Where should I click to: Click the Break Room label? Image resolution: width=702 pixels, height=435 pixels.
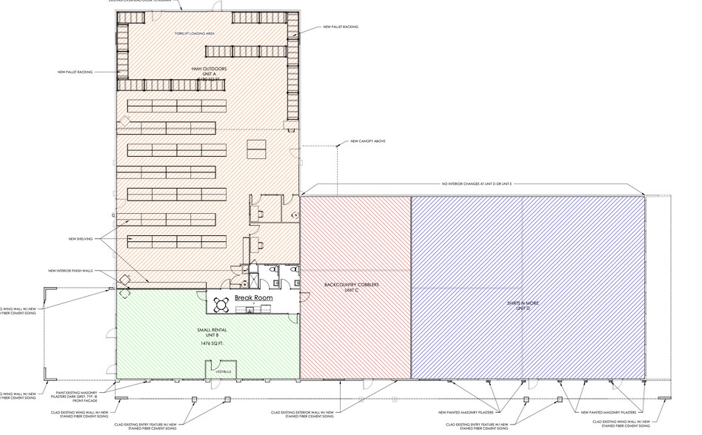tap(254, 297)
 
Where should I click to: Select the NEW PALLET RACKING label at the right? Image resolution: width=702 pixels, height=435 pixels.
tap(341, 27)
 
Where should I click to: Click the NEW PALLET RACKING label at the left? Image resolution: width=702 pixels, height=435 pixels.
tap(75, 72)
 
